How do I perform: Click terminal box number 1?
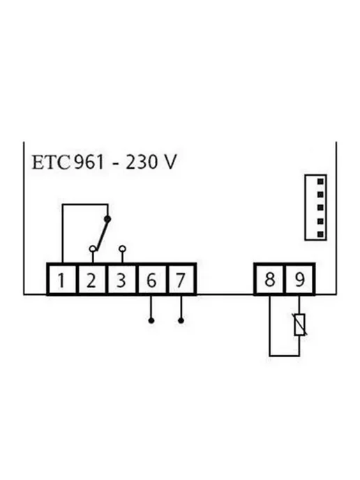tap(61, 280)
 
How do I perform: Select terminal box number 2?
tap(91, 280)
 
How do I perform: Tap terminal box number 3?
tap(121, 280)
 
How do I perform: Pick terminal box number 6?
tap(151, 280)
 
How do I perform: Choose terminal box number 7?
tap(181, 280)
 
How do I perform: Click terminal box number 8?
tap(269, 280)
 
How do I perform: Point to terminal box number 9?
tap(299, 280)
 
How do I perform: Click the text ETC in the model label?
tap(51, 162)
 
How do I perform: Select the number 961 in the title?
tap(89, 162)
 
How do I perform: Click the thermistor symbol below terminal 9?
tap(299, 325)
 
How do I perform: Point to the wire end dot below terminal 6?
tap(151, 320)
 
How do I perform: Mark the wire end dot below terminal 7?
tap(181, 320)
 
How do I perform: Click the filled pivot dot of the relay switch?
tap(107, 219)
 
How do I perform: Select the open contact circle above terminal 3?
tap(122, 248)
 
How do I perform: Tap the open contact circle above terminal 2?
tap(93, 249)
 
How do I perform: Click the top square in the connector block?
tap(320, 181)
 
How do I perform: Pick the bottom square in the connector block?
tap(320, 234)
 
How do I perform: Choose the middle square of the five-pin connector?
tap(320, 208)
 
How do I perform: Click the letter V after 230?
tap(170, 162)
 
